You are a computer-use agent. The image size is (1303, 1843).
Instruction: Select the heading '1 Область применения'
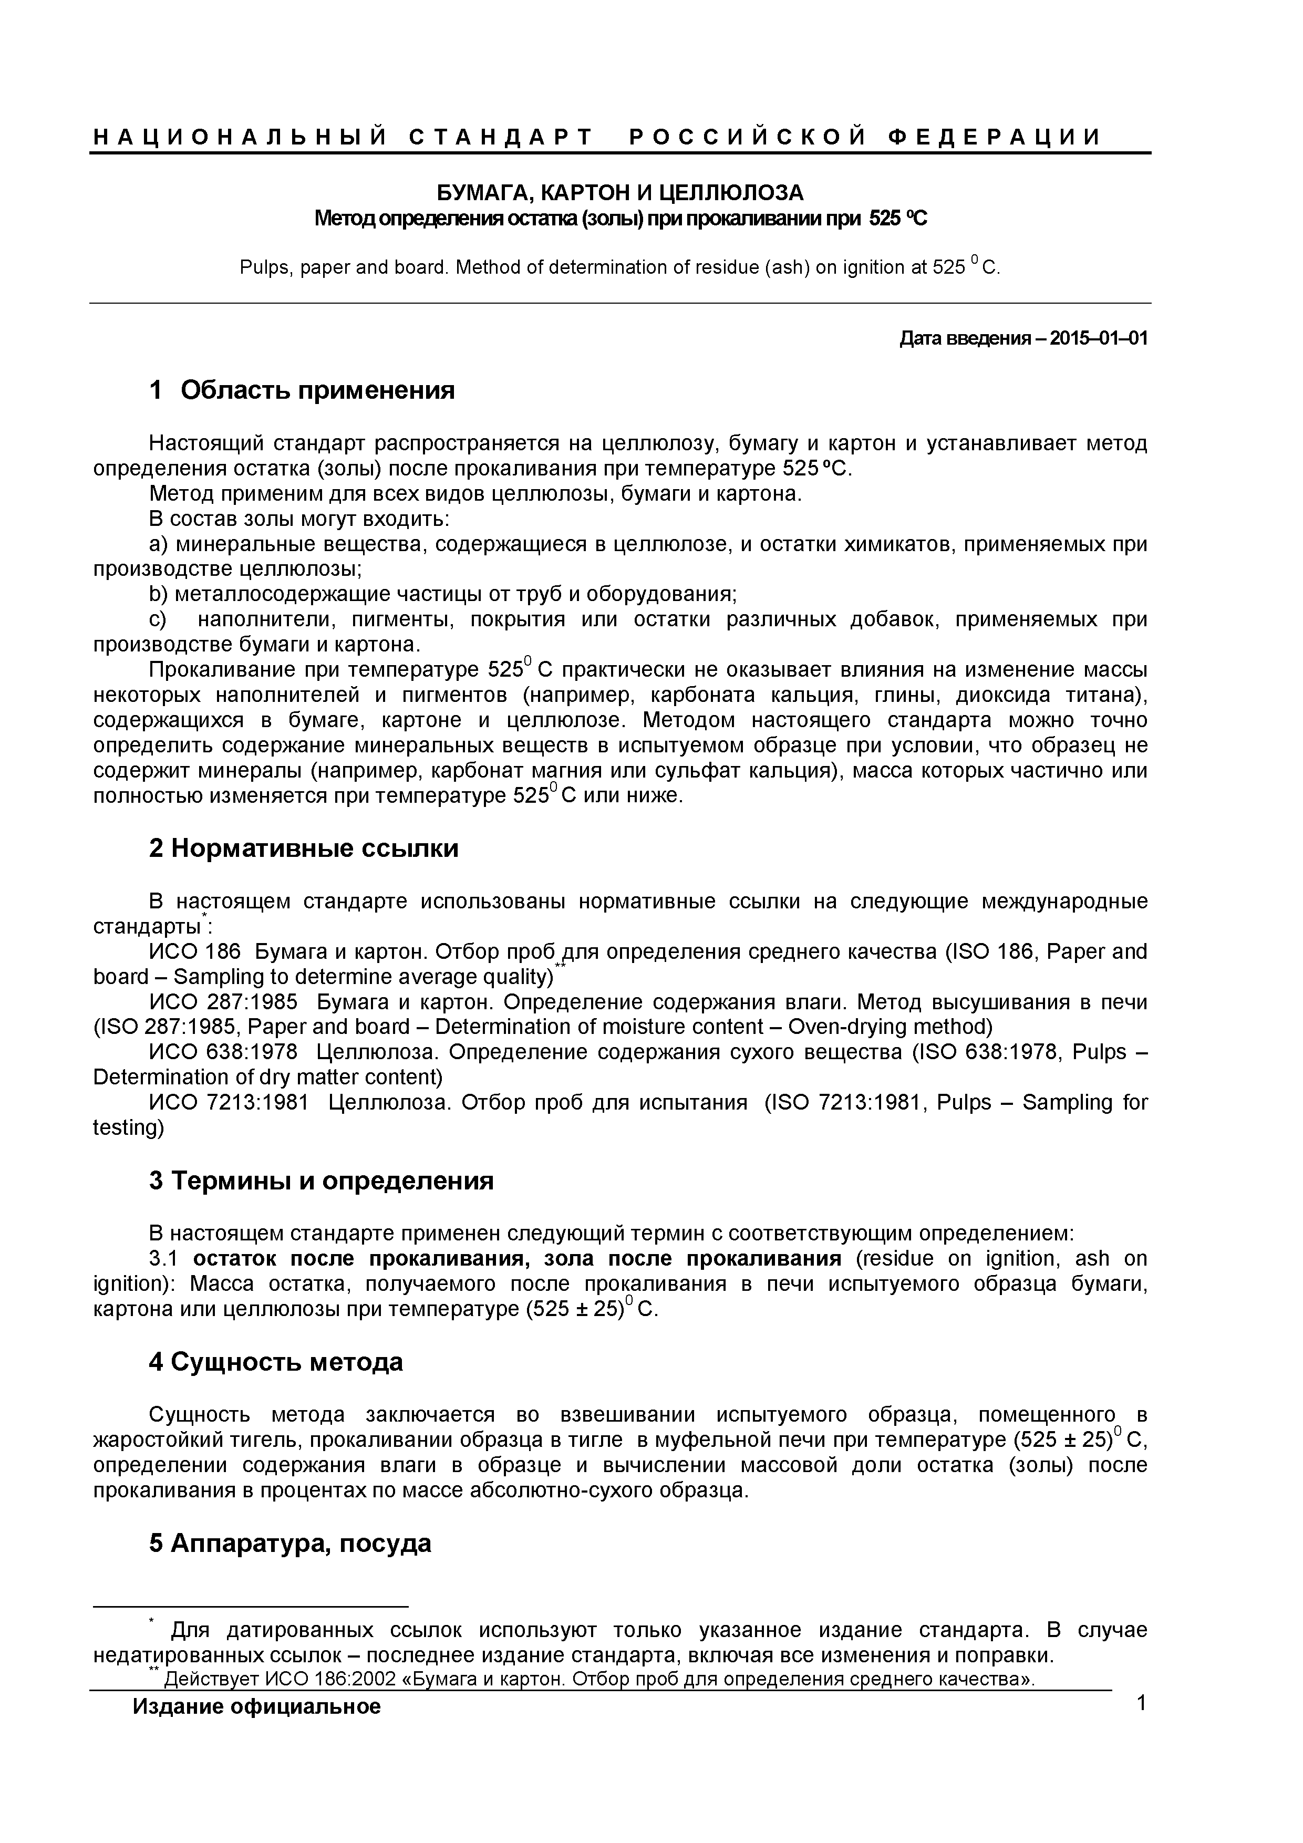pyautogui.click(x=302, y=390)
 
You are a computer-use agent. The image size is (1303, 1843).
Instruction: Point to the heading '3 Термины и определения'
pyautogui.click(x=321, y=1181)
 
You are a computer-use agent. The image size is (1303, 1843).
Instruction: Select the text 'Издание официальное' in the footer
pyautogui.click(x=257, y=1728)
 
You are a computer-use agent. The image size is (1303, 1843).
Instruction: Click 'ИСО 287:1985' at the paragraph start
pyautogui.click(x=223, y=1002)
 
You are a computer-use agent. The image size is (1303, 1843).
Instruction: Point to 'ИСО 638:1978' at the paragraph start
pyautogui.click(x=223, y=1052)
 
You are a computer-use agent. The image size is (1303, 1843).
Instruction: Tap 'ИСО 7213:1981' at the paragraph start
pyautogui.click(x=229, y=1102)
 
